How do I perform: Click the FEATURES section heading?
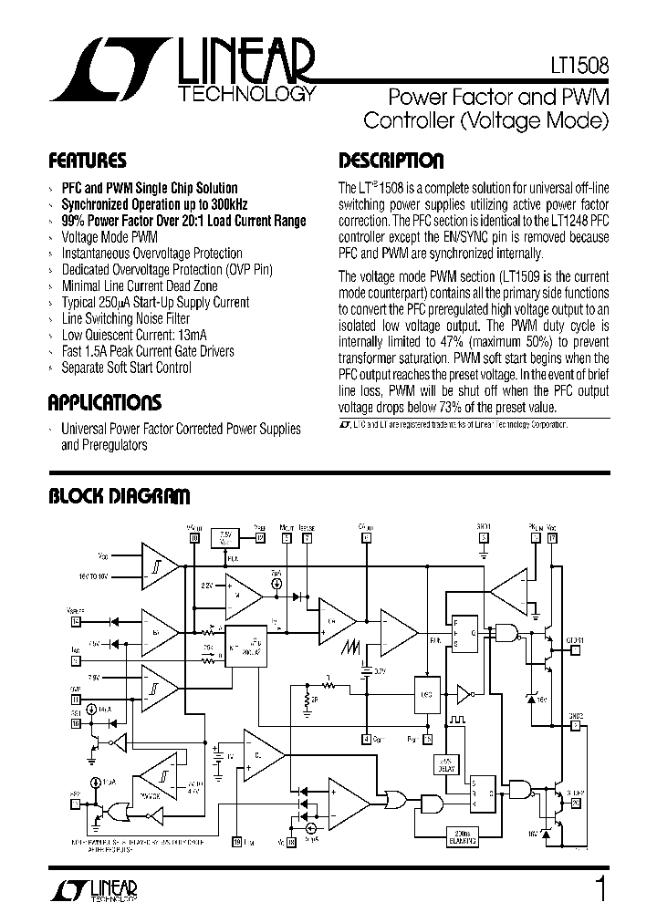point(87,161)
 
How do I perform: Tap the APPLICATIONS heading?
point(104,402)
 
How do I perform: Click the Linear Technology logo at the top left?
point(182,71)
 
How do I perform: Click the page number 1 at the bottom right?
point(600,887)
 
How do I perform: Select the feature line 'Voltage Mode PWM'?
point(109,236)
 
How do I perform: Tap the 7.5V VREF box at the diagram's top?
point(224,538)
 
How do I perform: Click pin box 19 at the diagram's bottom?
point(237,842)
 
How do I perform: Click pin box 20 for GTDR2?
point(575,803)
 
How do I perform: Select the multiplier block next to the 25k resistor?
point(246,647)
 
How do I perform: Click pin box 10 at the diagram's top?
point(193,538)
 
